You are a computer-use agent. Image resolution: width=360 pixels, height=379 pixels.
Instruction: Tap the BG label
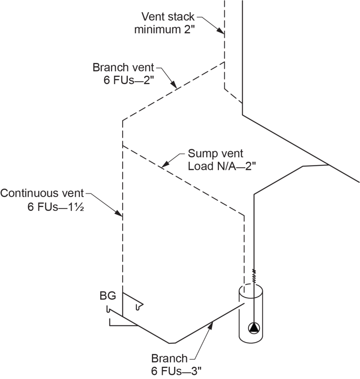coord(108,296)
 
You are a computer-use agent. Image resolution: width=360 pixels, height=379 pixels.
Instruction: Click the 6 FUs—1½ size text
coord(54,207)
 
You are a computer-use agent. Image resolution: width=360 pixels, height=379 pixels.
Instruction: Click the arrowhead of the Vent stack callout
coord(223,32)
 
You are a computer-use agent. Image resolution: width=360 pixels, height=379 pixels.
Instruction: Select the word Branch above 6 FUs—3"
coord(169,358)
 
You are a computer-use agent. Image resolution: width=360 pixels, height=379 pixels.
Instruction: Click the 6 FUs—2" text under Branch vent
coord(128,81)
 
